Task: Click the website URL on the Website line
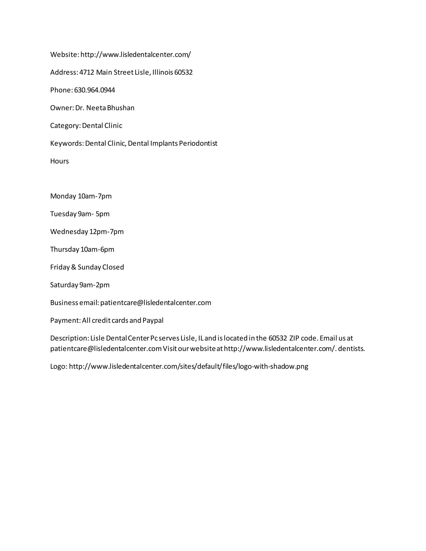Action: pos(136,54)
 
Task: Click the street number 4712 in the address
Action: pos(87,72)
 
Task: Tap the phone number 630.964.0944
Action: pos(94,90)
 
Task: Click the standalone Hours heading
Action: pos(59,161)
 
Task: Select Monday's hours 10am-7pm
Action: pos(95,196)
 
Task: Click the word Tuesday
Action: pos(63,214)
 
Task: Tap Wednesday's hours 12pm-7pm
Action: pos(106,232)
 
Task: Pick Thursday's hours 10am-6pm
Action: pos(97,249)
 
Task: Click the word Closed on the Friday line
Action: pos(113,267)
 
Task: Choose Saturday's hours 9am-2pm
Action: pos(94,285)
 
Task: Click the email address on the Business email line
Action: pos(156,303)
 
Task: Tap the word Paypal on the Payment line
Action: pos(153,320)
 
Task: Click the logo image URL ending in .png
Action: pos(188,366)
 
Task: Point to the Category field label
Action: pos(65,126)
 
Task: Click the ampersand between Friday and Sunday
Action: pos(74,267)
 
